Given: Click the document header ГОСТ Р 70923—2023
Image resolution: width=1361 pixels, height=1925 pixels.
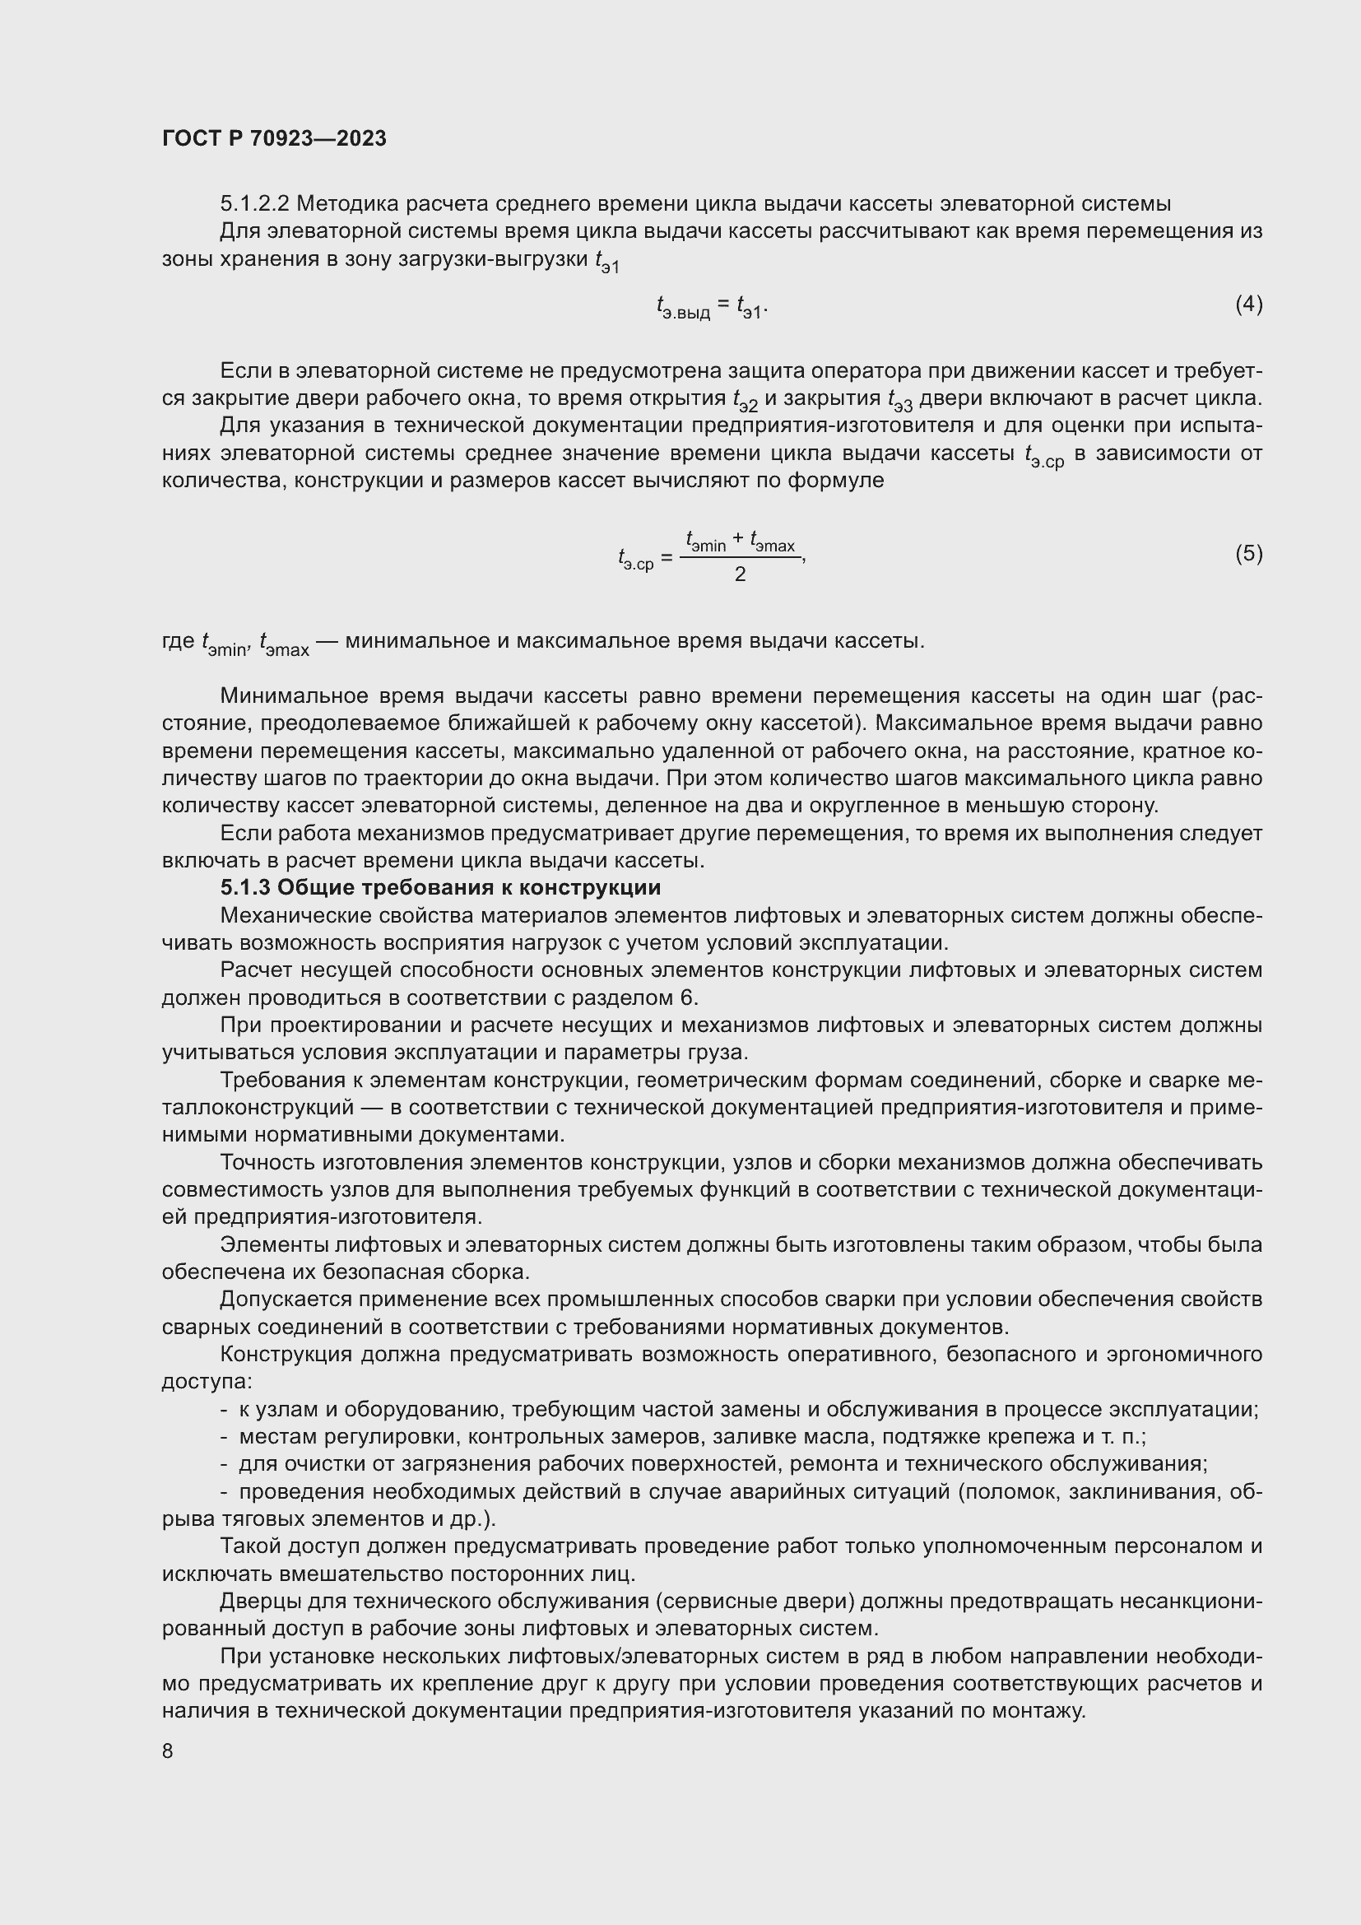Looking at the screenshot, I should [274, 138].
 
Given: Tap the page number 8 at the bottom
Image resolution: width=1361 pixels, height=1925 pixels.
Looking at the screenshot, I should [168, 1751].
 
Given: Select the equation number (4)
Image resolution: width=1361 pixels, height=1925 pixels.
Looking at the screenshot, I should [1249, 304].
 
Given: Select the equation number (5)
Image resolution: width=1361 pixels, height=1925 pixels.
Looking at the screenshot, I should [1249, 553].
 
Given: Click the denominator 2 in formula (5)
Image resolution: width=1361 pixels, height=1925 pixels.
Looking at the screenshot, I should [740, 574].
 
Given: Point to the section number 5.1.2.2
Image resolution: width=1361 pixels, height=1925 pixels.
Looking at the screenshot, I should [254, 204].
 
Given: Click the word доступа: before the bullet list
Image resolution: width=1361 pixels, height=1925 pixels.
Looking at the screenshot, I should [207, 1382].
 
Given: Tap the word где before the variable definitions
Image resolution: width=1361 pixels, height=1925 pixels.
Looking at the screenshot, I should [178, 641].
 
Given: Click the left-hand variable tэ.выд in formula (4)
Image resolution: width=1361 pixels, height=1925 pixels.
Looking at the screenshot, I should [682, 309].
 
